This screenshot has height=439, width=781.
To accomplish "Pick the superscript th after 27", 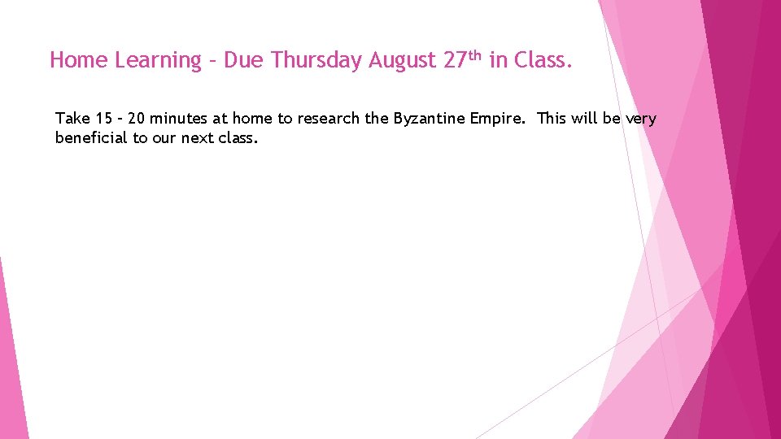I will point(475,55).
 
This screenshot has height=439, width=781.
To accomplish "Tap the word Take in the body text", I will point(72,119).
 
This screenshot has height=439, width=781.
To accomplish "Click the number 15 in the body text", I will point(103,119).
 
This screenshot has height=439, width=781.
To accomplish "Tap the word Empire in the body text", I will point(498,119).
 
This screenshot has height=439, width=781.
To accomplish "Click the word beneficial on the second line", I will point(91,138).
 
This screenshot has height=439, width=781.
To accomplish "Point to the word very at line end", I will point(640,119).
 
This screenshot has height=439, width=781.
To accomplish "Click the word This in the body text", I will point(552,119).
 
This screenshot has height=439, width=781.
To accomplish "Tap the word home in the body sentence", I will point(255,119).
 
